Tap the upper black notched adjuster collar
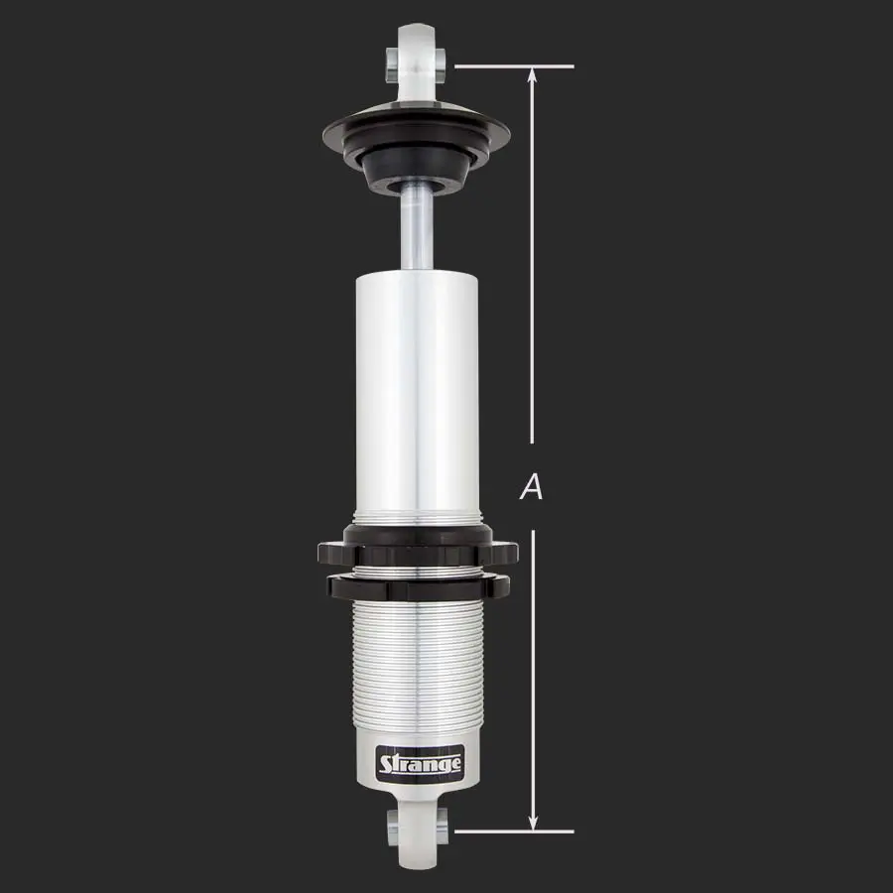click(x=417, y=549)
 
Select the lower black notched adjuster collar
click(x=417, y=586)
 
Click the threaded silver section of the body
click(x=417, y=665)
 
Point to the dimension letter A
click(x=533, y=487)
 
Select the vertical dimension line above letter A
click(x=534, y=258)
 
